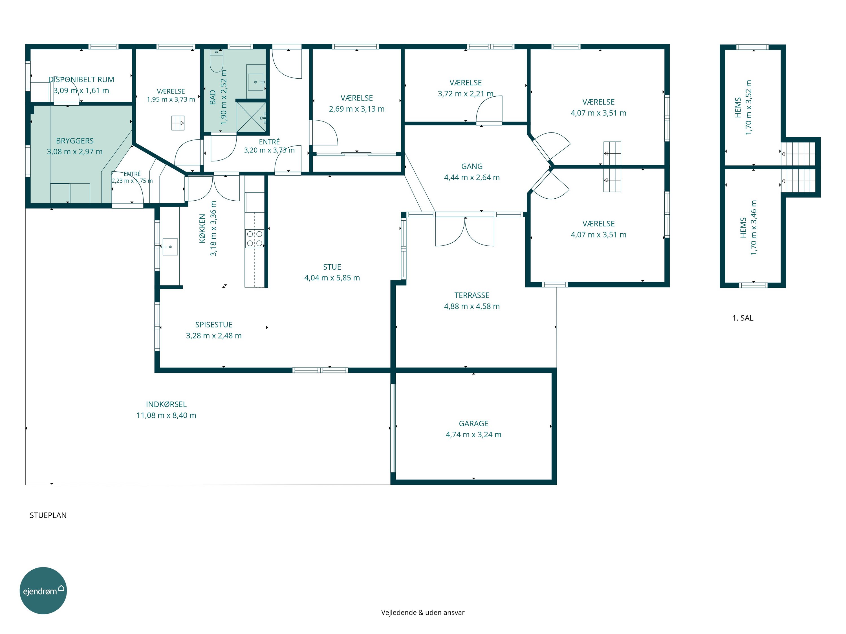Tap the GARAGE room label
point(473,424)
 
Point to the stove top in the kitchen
point(254,238)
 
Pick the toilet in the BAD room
point(217,61)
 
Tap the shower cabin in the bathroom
point(251,117)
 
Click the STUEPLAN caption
point(48,515)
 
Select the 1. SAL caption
point(743,318)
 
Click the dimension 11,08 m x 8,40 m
point(166,415)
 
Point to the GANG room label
point(472,166)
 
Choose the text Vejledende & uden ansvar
point(423,613)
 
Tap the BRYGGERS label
point(75,141)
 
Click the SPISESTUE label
point(214,324)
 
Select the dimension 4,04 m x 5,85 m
point(332,278)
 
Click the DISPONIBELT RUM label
point(81,79)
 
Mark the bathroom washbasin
point(255,82)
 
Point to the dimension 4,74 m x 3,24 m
point(473,435)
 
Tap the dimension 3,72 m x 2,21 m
point(466,94)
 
